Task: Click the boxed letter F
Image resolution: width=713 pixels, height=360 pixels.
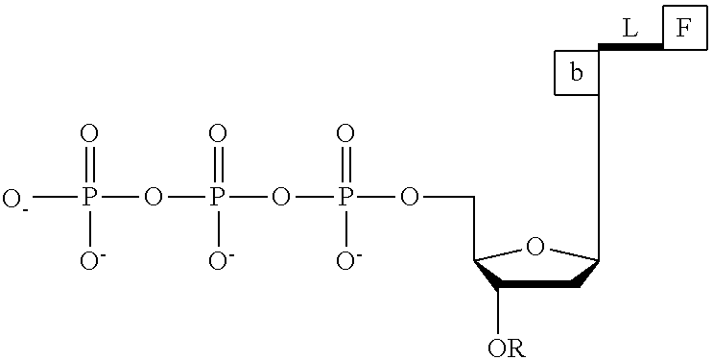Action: coord(682,29)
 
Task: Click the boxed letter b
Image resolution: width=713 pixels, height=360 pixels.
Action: coord(577,73)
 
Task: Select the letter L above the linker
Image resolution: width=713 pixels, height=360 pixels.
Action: coord(630,29)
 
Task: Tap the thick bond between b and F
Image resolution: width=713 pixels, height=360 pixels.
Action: coord(630,46)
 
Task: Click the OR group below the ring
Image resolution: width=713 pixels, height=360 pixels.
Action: coord(507,346)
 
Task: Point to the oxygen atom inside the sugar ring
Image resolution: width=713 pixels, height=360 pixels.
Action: coord(536,248)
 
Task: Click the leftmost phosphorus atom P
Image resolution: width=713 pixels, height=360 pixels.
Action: coord(89,198)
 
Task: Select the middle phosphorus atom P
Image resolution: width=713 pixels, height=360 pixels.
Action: coord(218,198)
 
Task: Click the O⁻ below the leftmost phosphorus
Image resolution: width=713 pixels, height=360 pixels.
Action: coord(89,261)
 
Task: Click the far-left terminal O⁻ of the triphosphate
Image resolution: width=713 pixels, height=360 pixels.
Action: coord(14,199)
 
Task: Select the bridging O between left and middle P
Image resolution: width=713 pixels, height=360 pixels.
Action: coord(153,198)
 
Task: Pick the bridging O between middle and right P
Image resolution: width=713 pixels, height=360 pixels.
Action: coord(281,198)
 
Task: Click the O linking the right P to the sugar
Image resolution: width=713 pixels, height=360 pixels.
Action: coord(410,198)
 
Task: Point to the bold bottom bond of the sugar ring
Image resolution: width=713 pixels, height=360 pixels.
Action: coord(536,285)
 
